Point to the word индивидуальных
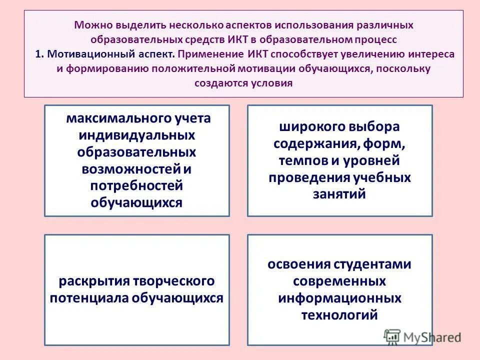point(136,135)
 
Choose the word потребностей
point(136,185)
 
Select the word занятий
point(339,194)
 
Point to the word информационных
point(339,298)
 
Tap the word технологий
point(339,315)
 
